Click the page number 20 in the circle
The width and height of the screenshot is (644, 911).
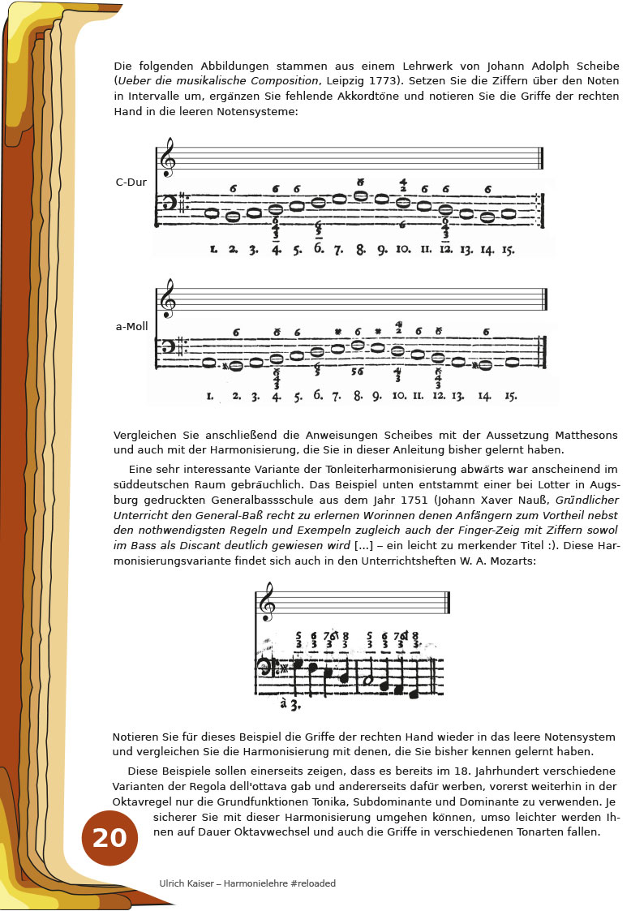click(109, 838)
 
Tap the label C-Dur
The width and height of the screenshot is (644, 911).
click(131, 183)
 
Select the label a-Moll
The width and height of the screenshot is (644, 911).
click(130, 327)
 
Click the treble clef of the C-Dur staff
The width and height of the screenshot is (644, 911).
click(168, 157)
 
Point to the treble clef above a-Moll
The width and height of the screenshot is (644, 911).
click(168, 299)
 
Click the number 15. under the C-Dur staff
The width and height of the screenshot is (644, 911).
click(509, 250)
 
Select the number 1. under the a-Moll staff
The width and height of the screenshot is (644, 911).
click(210, 397)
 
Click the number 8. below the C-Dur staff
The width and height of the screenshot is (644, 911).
click(360, 250)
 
